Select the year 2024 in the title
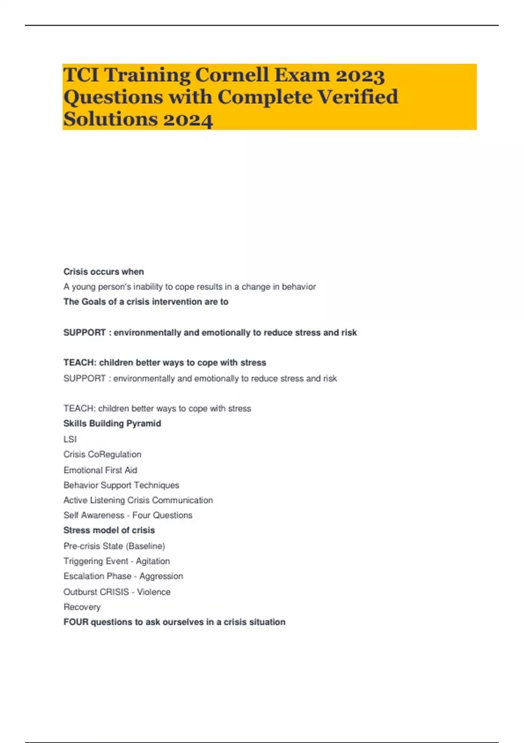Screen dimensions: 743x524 tap(188, 119)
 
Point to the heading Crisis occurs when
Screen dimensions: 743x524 tap(103, 272)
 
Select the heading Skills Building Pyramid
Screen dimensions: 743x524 tap(112, 424)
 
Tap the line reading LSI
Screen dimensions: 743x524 tap(70, 439)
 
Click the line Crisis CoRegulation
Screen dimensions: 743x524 tap(102, 455)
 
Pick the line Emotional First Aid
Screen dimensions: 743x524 tap(100, 470)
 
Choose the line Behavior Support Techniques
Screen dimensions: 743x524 tap(121, 485)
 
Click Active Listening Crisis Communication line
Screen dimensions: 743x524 tap(138, 500)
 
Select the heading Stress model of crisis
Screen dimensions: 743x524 tap(109, 531)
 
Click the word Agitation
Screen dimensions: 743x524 tap(153, 561)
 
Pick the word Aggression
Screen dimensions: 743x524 tap(161, 576)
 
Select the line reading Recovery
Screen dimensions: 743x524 tap(82, 607)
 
